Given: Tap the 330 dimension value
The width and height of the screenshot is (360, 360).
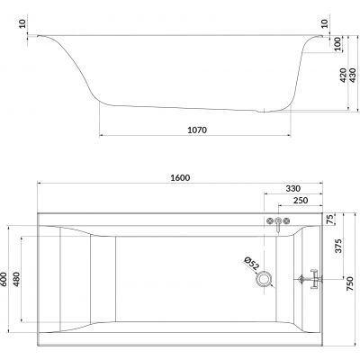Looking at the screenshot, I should (x=292, y=188).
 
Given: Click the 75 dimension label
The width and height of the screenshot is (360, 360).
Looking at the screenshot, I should (x=330, y=220).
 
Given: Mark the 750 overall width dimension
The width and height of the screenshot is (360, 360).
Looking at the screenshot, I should (x=349, y=283).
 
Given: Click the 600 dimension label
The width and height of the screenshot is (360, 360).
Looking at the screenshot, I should (x=8, y=280).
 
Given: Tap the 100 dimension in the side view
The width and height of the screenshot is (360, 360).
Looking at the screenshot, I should (x=337, y=44).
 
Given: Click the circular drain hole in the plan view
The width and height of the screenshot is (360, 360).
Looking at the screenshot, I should (x=263, y=280).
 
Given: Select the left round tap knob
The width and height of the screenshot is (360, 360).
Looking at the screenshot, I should (x=269, y=221).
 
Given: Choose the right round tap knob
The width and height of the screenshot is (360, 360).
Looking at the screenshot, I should (x=289, y=221).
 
